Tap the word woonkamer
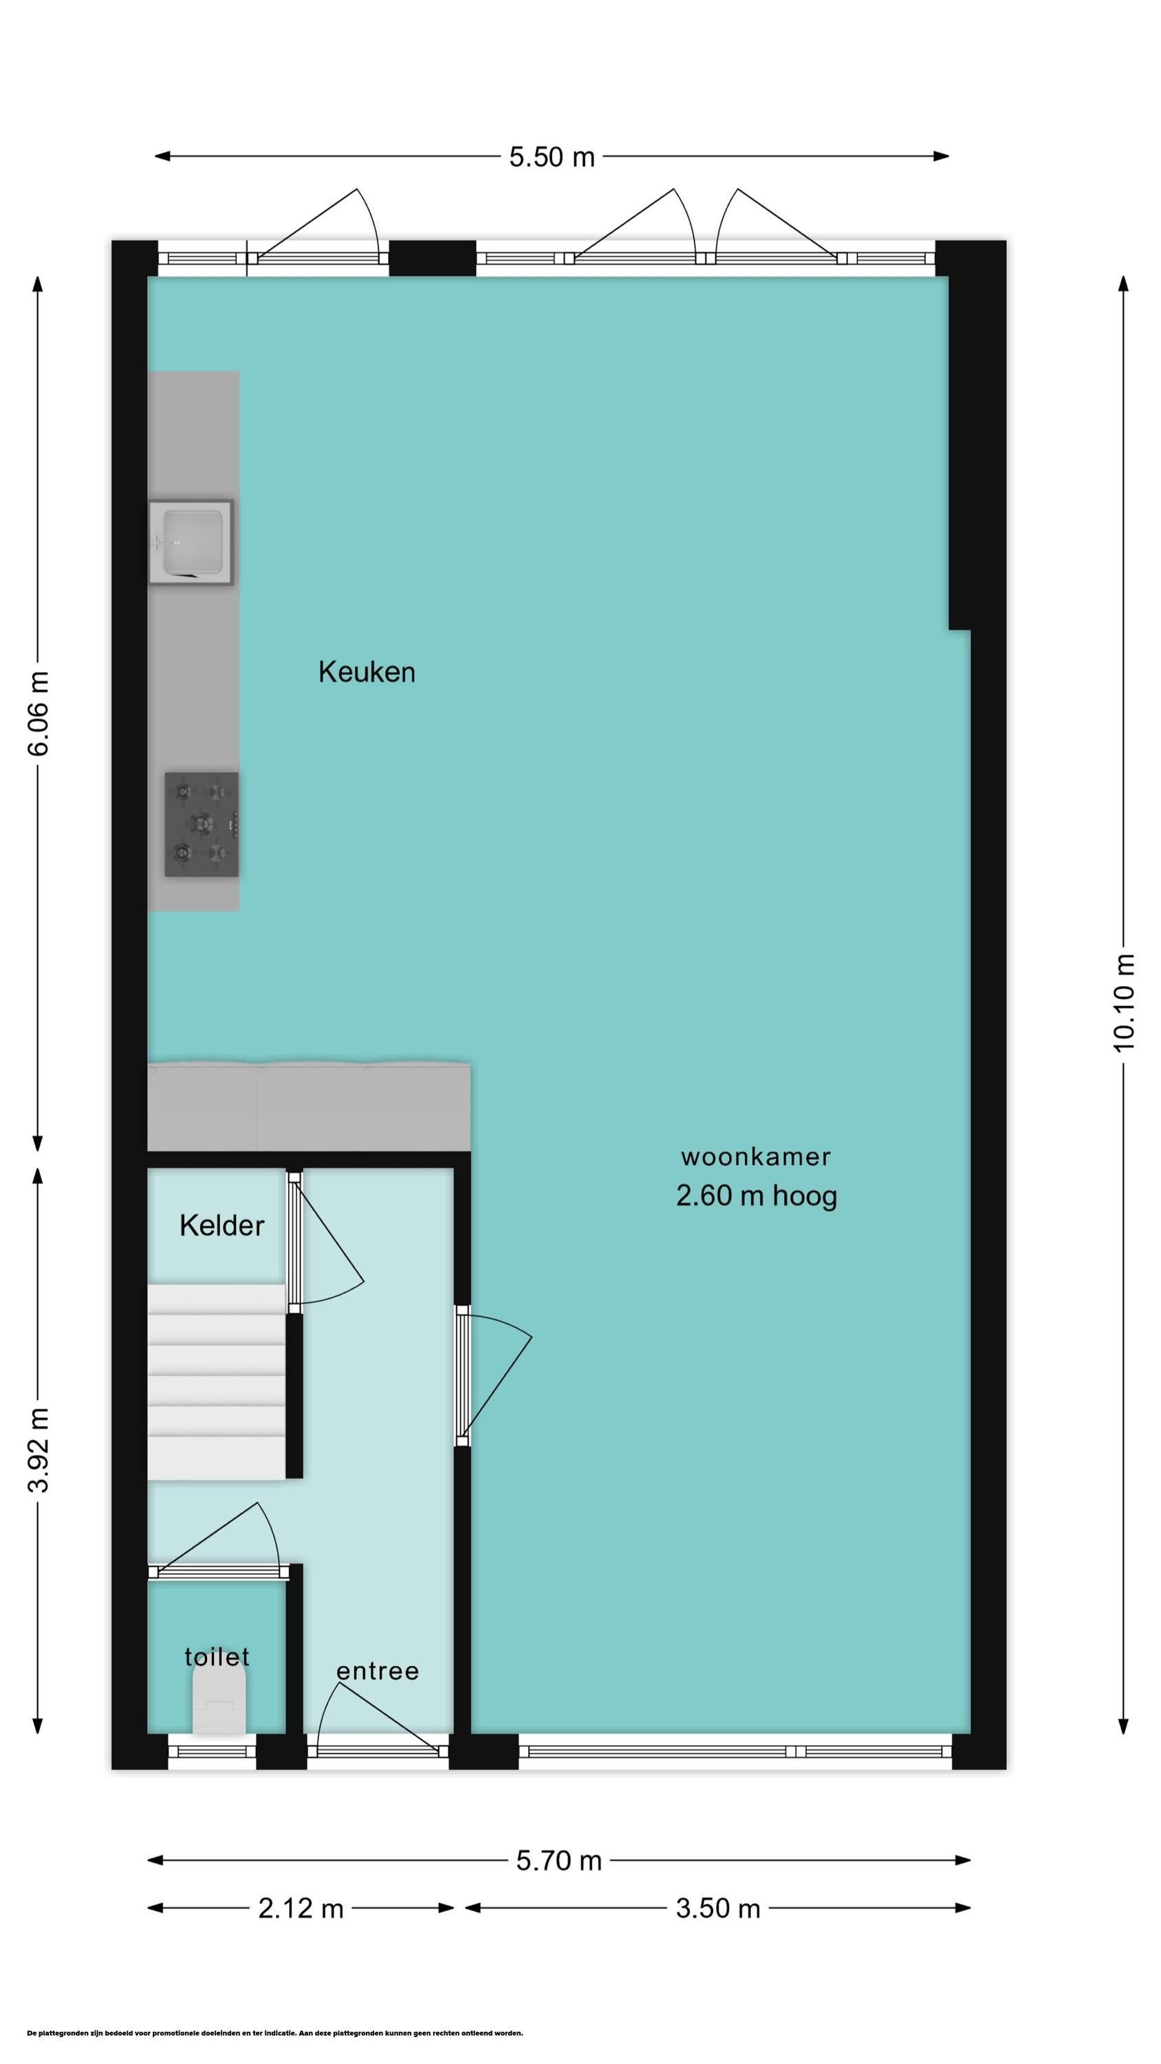click(756, 1157)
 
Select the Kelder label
click(221, 1225)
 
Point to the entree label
click(378, 1670)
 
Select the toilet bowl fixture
click(219, 1706)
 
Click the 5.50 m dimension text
click(552, 156)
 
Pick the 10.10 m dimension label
click(1124, 1002)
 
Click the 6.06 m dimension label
click(39, 713)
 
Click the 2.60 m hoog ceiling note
click(757, 1196)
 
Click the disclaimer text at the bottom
click(275, 2026)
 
